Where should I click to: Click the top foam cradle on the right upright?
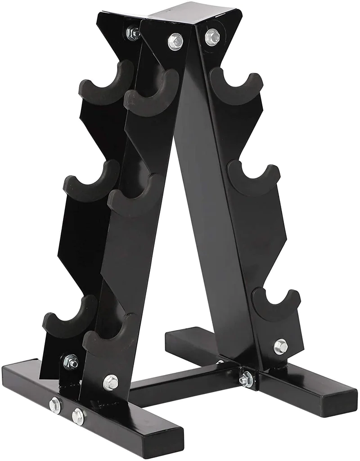(x=236, y=88)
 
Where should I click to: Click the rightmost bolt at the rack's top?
(x=211, y=37)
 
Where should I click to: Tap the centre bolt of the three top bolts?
(x=175, y=41)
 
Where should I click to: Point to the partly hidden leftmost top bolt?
(x=133, y=32)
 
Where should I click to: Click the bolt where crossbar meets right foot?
(x=245, y=379)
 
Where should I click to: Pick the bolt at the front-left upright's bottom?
(x=110, y=382)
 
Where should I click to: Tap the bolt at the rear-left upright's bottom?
(x=71, y=361)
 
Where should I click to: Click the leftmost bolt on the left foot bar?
(x=55, y=404)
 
